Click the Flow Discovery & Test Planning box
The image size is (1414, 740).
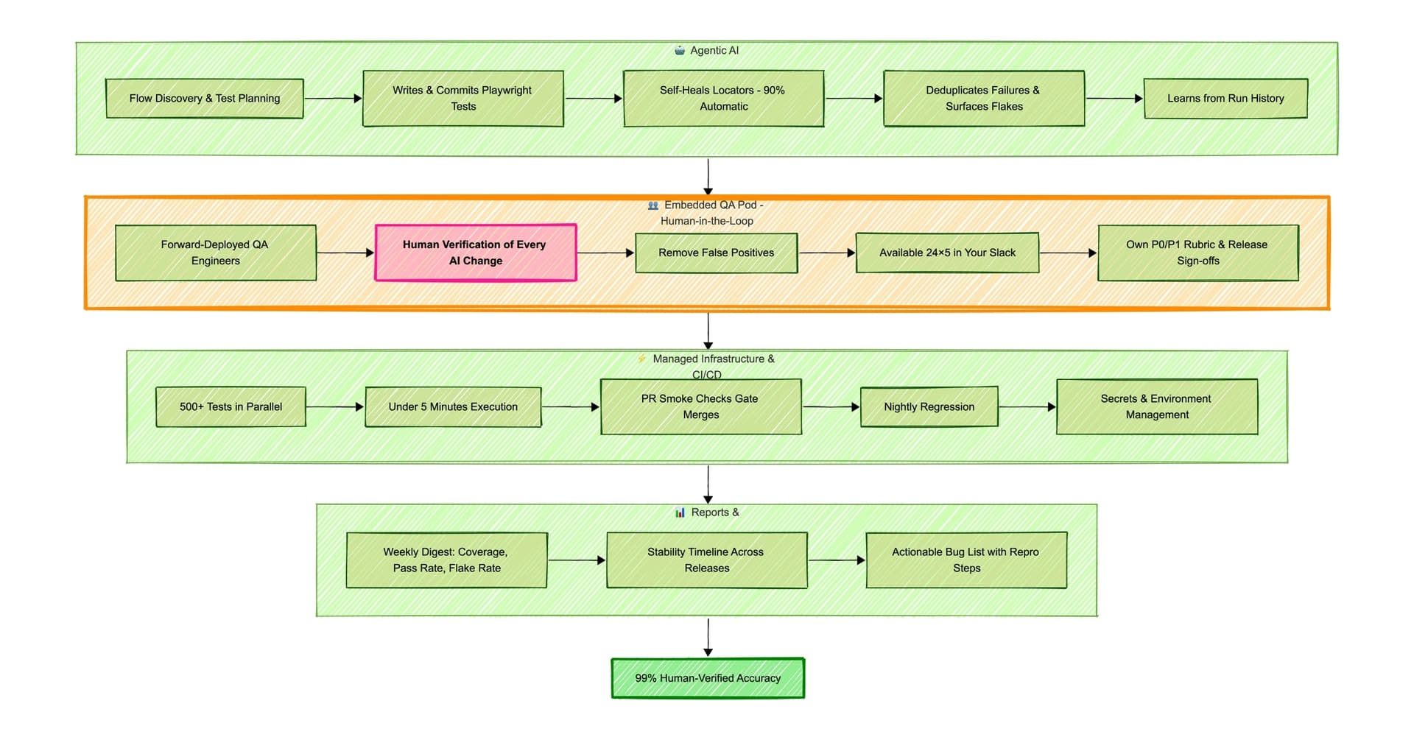(x=205, y=99)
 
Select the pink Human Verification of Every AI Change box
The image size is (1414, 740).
(x=476, y=253)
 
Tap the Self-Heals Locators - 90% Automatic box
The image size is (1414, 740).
(x=723, y=99)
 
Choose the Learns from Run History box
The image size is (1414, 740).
(x=1225, y=99)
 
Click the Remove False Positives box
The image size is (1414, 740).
(x=716, y=253)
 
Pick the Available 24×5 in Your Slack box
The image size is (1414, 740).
(x=947, y=253)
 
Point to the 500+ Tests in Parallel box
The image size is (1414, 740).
(x=231, y=407)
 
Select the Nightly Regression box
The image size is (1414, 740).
(x=929, y=407)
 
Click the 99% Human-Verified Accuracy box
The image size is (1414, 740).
(x=708, y=678)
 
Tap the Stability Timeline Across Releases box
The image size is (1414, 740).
(x=706, y=560)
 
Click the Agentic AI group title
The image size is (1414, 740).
(x=714, y=51)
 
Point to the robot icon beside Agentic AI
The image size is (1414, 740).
(x=680, y=51)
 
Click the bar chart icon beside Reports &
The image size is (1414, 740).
(x=680, y=512)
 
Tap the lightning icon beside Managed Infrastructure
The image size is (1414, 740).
(x=641, y=359)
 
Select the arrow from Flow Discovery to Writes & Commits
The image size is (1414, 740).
(x=333, y=99)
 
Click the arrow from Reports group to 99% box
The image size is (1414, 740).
(x=708, y=637)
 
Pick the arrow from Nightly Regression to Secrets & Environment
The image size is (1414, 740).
(x=1027, y=407)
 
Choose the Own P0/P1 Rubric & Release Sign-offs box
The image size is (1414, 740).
(x=1197, y=253)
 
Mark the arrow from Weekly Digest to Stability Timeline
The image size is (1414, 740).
(x=577, y=560)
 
